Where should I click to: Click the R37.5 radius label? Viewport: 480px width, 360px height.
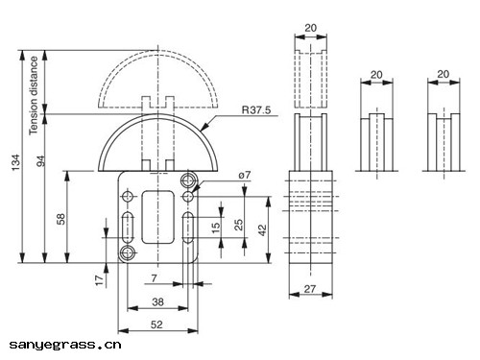point(256,110)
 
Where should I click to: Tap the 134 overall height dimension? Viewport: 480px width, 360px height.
point(15,162)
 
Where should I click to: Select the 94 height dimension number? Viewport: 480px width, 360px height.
point(40,161)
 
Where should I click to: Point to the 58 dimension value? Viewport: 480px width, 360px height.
point(60,219)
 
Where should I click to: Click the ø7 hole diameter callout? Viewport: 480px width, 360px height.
point(245,176)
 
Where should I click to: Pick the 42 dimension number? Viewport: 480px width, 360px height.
point(262,229)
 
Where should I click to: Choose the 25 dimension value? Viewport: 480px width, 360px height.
point(239,225)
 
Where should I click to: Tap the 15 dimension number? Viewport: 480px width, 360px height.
point(216,227)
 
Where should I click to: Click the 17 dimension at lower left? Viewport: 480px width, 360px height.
point(100,280)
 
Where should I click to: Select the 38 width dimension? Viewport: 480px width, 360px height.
point(157,301)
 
